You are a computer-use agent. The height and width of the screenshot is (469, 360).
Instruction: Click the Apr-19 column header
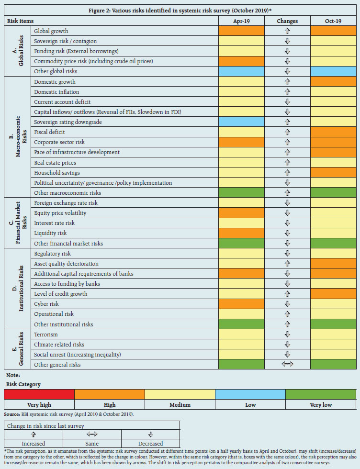coord(241,21)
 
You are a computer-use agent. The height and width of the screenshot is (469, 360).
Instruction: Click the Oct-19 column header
coord(333,21)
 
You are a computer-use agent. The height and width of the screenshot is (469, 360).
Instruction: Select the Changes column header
coord(287,21)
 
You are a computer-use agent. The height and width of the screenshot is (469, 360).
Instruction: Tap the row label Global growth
coord(51,31)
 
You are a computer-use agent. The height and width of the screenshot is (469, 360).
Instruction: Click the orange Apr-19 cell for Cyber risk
coord(241,304)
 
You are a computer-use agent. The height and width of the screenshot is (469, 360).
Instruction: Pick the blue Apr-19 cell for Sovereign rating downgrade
coord(241,122)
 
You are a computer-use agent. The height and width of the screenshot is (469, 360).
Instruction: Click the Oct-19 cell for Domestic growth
coord(333,82)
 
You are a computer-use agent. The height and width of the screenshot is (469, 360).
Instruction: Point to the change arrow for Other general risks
coord(287,365)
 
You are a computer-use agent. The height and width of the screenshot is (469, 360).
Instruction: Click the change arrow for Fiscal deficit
coord(287,132)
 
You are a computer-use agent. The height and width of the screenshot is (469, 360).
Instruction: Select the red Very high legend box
coord(39,394)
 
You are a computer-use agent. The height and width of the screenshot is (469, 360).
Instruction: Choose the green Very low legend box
coord(321,394)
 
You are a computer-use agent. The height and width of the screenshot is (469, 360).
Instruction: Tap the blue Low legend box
coord(250,394)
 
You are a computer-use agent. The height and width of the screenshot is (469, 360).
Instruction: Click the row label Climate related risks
coord(59,345)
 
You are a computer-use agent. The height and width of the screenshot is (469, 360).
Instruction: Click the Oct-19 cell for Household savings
coord(333,173)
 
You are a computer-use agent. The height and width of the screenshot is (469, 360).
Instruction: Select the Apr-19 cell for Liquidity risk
coord(241,233)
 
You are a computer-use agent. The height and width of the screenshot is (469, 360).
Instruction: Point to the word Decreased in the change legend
coord(150,444)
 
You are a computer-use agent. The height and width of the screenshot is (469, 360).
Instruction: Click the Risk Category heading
coord(23,384)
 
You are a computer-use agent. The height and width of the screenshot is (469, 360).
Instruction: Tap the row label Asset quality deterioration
coord(66,264)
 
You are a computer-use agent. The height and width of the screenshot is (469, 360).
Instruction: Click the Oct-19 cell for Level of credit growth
coord(333,294)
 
